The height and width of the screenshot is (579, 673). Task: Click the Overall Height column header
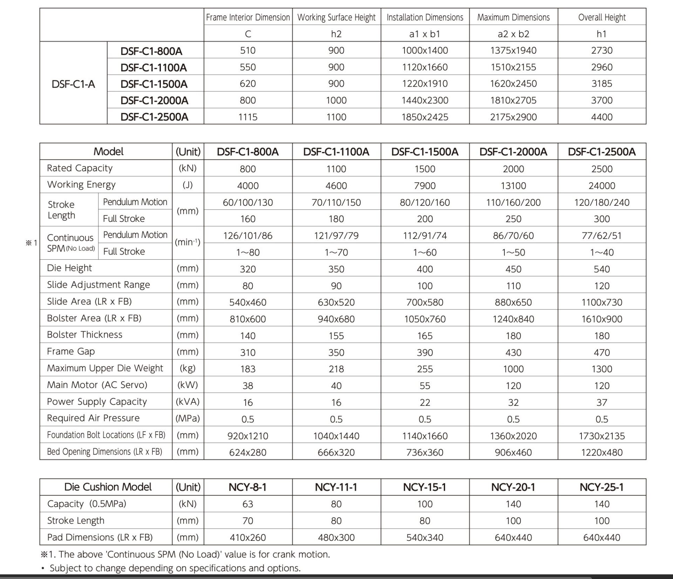(x=601, y=17)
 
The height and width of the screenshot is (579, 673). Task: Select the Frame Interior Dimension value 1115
(x=248, y=117)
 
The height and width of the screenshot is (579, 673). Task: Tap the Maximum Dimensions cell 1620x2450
(x=513, y=84)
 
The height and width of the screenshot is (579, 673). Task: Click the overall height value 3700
(x=601, y=101)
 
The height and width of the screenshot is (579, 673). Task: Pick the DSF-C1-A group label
(x=73, y=84)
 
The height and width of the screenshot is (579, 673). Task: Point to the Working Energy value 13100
(x=513, y=186)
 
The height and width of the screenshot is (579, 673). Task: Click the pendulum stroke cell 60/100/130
(x=248, y=203)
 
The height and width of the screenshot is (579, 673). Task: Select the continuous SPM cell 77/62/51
(x=601, y=236)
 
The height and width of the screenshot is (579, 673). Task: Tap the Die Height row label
(x=69, y=268)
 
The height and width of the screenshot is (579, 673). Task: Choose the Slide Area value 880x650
(x=513, y=302)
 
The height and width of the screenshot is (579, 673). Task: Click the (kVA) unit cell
(x=188, y=402)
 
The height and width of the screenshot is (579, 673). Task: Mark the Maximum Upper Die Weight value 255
(x=425, y=369)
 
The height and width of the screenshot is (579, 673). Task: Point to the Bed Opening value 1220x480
(x=601, y=452)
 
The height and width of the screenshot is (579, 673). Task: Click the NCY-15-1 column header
(x=425, y=487)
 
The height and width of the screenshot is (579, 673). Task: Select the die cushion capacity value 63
(x=248, y=504)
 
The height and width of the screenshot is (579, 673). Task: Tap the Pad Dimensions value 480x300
(x=336, y=537)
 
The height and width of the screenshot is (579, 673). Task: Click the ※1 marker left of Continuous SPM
(x=32, y=243)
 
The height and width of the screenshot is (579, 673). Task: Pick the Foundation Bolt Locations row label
(x=106, y=435)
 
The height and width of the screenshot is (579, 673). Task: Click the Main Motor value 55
(x=425, y=386)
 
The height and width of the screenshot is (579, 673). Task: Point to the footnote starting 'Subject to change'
(x=175, y=568)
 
